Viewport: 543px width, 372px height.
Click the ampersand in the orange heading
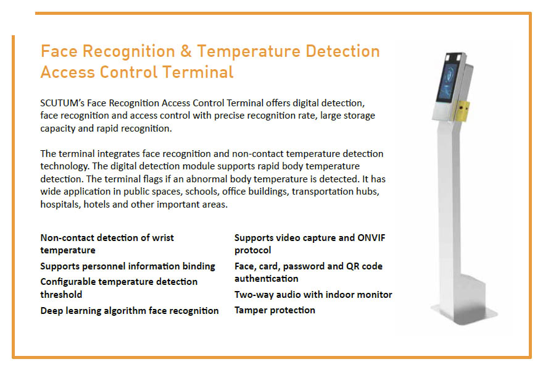coord(188,51)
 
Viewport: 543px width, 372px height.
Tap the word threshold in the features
coord(62,295)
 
